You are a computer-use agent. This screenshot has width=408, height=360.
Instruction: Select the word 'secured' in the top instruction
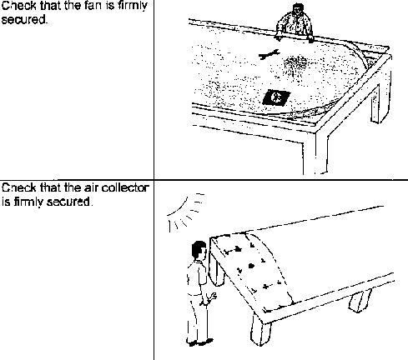point(23,19)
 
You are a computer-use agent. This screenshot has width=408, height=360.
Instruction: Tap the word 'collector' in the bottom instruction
point(125,188)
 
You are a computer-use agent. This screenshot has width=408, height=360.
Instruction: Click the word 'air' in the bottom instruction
point(92,188)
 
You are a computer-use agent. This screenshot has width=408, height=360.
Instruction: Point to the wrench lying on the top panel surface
point(269,54)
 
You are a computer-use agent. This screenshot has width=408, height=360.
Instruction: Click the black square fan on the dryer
point(276,97)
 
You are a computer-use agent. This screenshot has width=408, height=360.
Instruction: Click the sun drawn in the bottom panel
point(186,211)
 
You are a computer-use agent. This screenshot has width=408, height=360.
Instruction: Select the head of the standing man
point(199,250)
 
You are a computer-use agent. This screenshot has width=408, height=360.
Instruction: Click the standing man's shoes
point(199,342)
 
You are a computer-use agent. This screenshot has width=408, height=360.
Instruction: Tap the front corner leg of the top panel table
point(315,152)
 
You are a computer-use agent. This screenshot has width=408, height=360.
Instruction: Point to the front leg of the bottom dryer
point(260,330)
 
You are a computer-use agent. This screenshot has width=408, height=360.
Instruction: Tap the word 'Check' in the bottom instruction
point(19,188)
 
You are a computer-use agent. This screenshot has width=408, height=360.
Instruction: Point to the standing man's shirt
point(196,277)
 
